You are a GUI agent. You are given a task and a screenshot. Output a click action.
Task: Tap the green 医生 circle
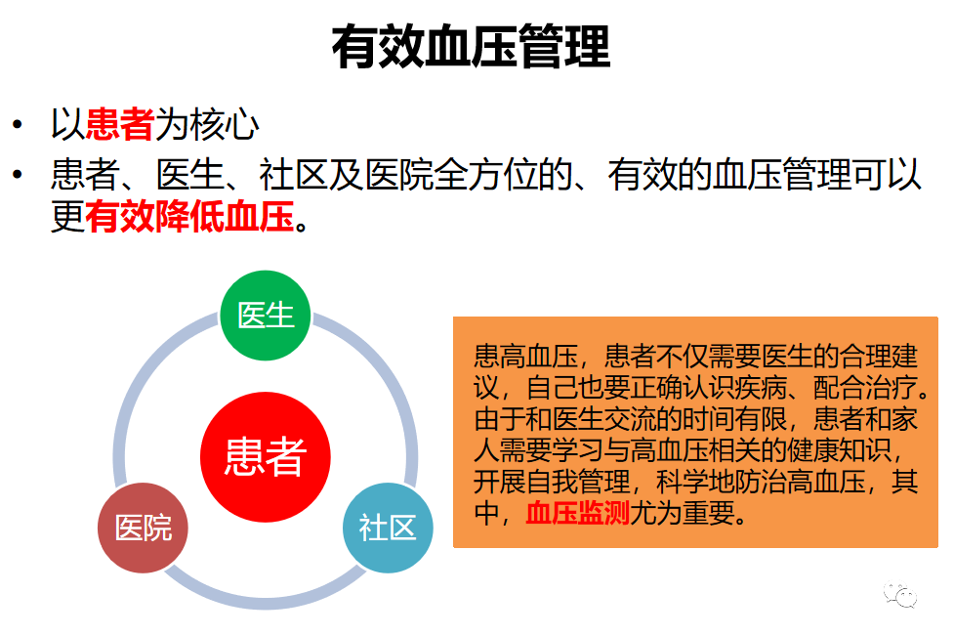[266, 316]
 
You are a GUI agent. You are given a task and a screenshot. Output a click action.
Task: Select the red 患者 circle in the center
[266, 456]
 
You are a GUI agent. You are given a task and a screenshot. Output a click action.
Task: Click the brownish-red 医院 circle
[144, 528]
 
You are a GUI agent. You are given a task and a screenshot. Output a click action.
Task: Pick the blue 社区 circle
[388, 528]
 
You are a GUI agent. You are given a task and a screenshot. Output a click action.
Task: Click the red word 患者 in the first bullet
[120, 124]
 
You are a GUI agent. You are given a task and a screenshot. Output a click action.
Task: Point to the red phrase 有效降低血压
[189, 217]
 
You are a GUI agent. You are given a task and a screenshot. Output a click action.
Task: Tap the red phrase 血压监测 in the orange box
[577, 514]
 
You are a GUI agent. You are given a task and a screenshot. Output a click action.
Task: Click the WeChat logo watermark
[901, 593]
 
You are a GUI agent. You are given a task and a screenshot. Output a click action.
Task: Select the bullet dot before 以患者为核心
[17, 125]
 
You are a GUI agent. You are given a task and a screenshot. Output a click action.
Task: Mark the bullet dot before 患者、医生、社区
[17, 176]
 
